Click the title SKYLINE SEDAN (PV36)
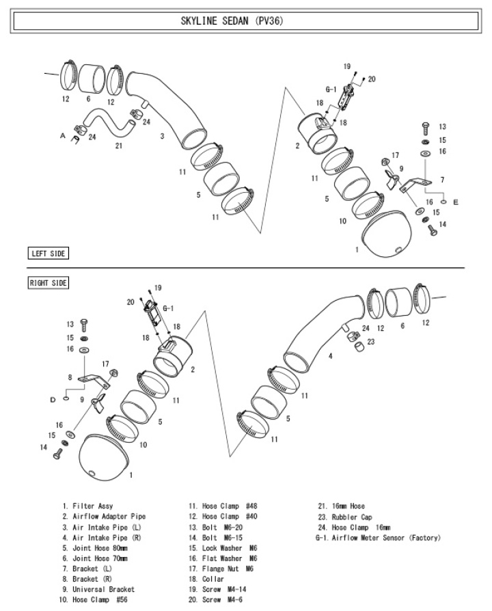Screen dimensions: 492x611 [232, 21]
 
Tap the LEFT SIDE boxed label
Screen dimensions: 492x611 [49, 254]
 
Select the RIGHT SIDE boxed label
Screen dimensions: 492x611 [49, 283]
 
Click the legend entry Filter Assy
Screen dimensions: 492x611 [93, 506]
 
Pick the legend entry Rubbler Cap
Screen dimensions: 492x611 [352, 517]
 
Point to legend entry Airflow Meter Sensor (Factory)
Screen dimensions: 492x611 [386, 538]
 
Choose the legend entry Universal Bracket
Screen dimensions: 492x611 [103, 589]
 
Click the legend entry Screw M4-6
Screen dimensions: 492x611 [222, 599]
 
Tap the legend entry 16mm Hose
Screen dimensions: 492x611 [348, 506]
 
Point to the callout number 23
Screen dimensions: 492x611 [371, 342]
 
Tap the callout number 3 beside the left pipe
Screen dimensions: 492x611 [162, 136]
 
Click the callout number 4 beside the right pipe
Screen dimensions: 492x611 [330, 356]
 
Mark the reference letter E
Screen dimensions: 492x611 [456, 202]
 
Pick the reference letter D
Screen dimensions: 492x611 [53, 400]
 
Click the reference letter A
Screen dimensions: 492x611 [62, 135]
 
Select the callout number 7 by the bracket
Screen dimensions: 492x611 [442, 180]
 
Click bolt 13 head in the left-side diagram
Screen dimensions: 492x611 [426, 126]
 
